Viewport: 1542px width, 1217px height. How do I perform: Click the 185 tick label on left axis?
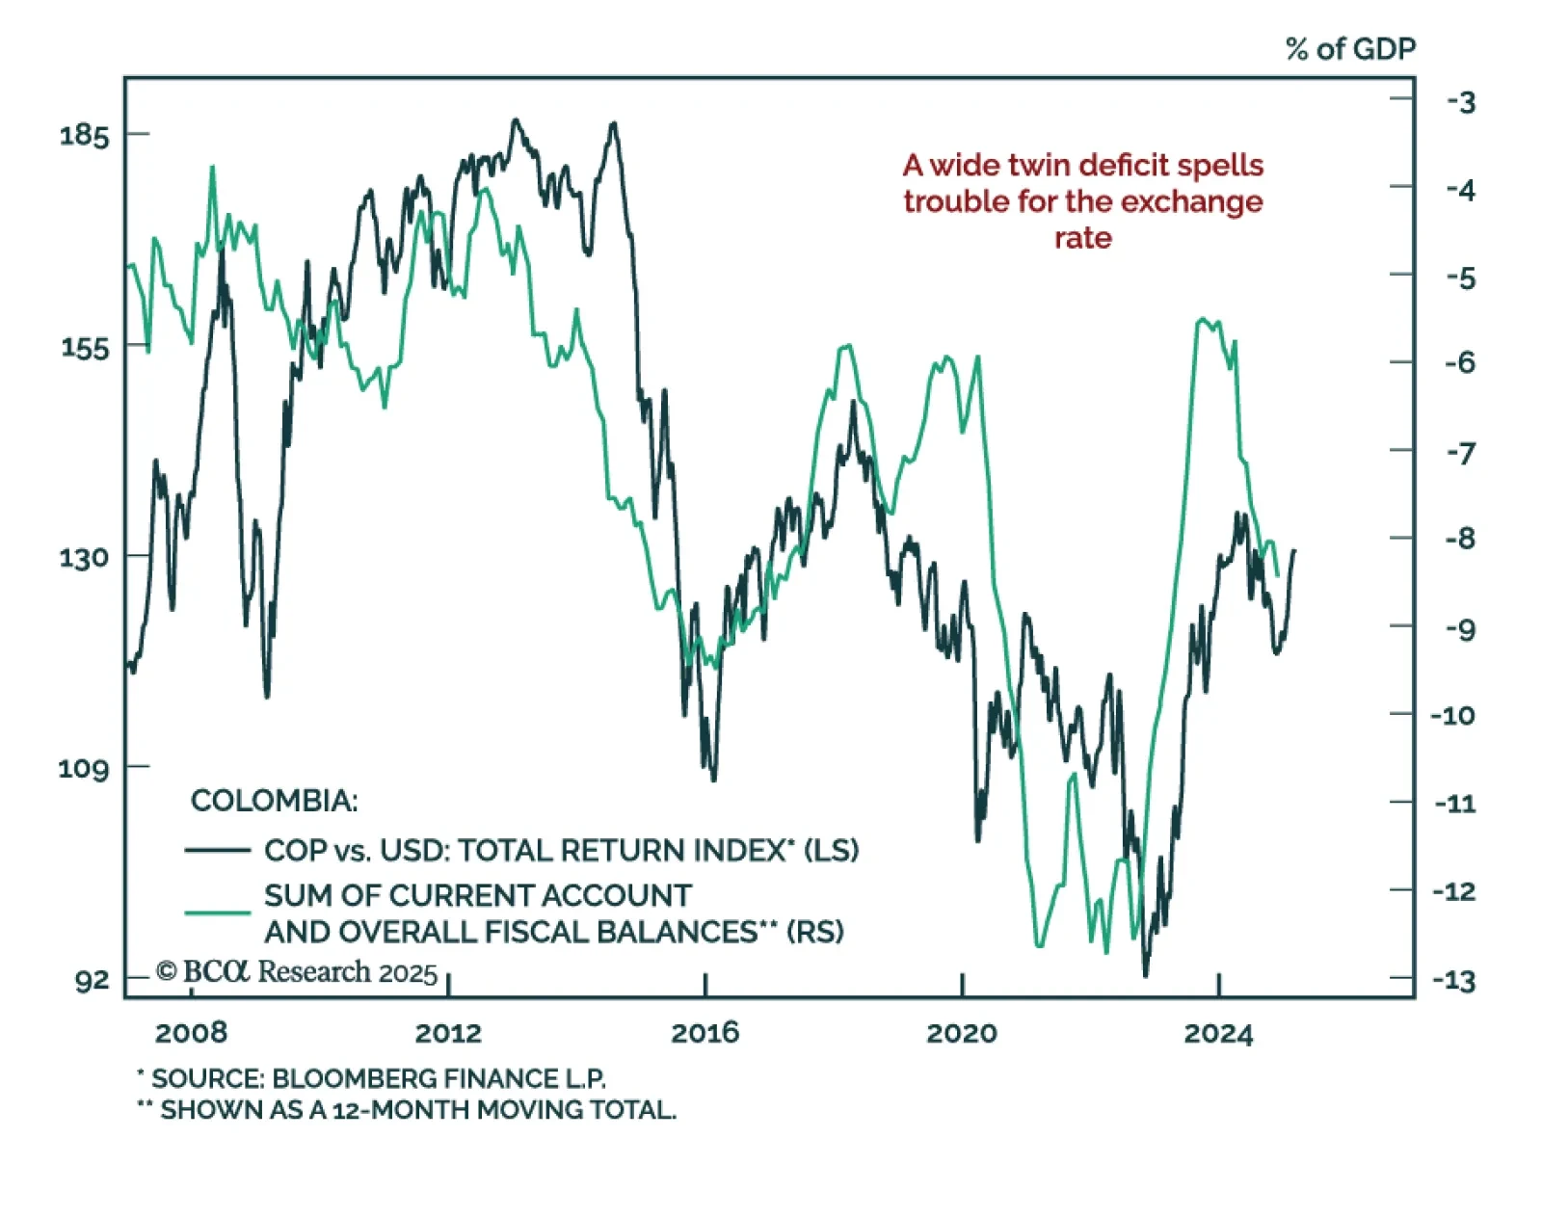point(85,135)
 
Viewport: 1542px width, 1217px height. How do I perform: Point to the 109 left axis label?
point(84,769)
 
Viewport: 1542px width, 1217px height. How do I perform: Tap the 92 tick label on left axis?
point(93,981)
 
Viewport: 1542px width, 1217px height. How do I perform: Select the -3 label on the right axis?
point(1461,102)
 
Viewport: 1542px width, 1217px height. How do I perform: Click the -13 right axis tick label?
point(1454,981)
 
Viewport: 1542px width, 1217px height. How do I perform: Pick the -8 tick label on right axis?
point(1460,539)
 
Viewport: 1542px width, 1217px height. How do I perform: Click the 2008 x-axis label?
point(191,1033)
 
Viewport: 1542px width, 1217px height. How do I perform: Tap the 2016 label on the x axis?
point(705,1033)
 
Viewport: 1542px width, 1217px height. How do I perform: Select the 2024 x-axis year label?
point(1218,1033)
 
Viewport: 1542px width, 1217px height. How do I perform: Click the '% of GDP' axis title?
point(1350,49)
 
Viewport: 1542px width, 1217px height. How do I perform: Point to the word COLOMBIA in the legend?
point(274,801)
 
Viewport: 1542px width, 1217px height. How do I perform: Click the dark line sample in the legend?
point(218,850)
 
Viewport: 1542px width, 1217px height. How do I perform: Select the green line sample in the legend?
point(218,912)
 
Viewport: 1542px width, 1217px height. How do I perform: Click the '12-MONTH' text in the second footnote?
point(400,1110)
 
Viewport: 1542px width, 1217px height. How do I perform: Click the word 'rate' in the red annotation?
point(1082,238)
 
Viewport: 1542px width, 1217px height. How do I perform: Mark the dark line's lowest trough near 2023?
point(1146,973)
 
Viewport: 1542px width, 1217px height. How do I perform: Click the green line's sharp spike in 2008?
point(212,169)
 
